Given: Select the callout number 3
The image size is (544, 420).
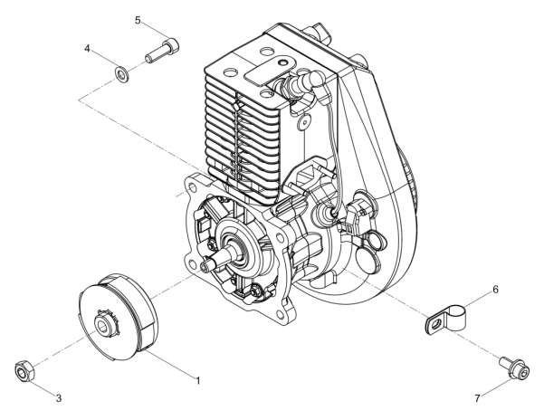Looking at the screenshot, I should tap(59, 397).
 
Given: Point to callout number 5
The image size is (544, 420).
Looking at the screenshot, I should tap(138, 19).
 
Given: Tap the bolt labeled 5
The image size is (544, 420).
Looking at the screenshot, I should tap(162, 50).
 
